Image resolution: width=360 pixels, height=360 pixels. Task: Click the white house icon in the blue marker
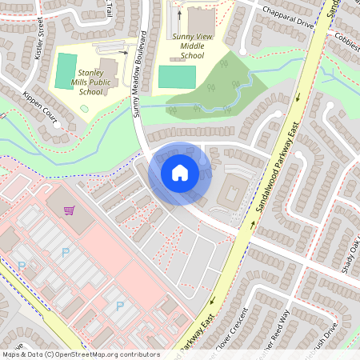tap(180, 173)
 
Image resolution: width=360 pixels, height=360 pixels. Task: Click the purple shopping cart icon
tap(70, 210)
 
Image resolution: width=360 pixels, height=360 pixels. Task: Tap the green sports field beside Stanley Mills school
tap(66, 71)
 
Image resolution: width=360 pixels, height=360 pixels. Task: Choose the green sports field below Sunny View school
tap(177, 77)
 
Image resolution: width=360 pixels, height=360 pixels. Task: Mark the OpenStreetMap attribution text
tap(80, 354)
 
